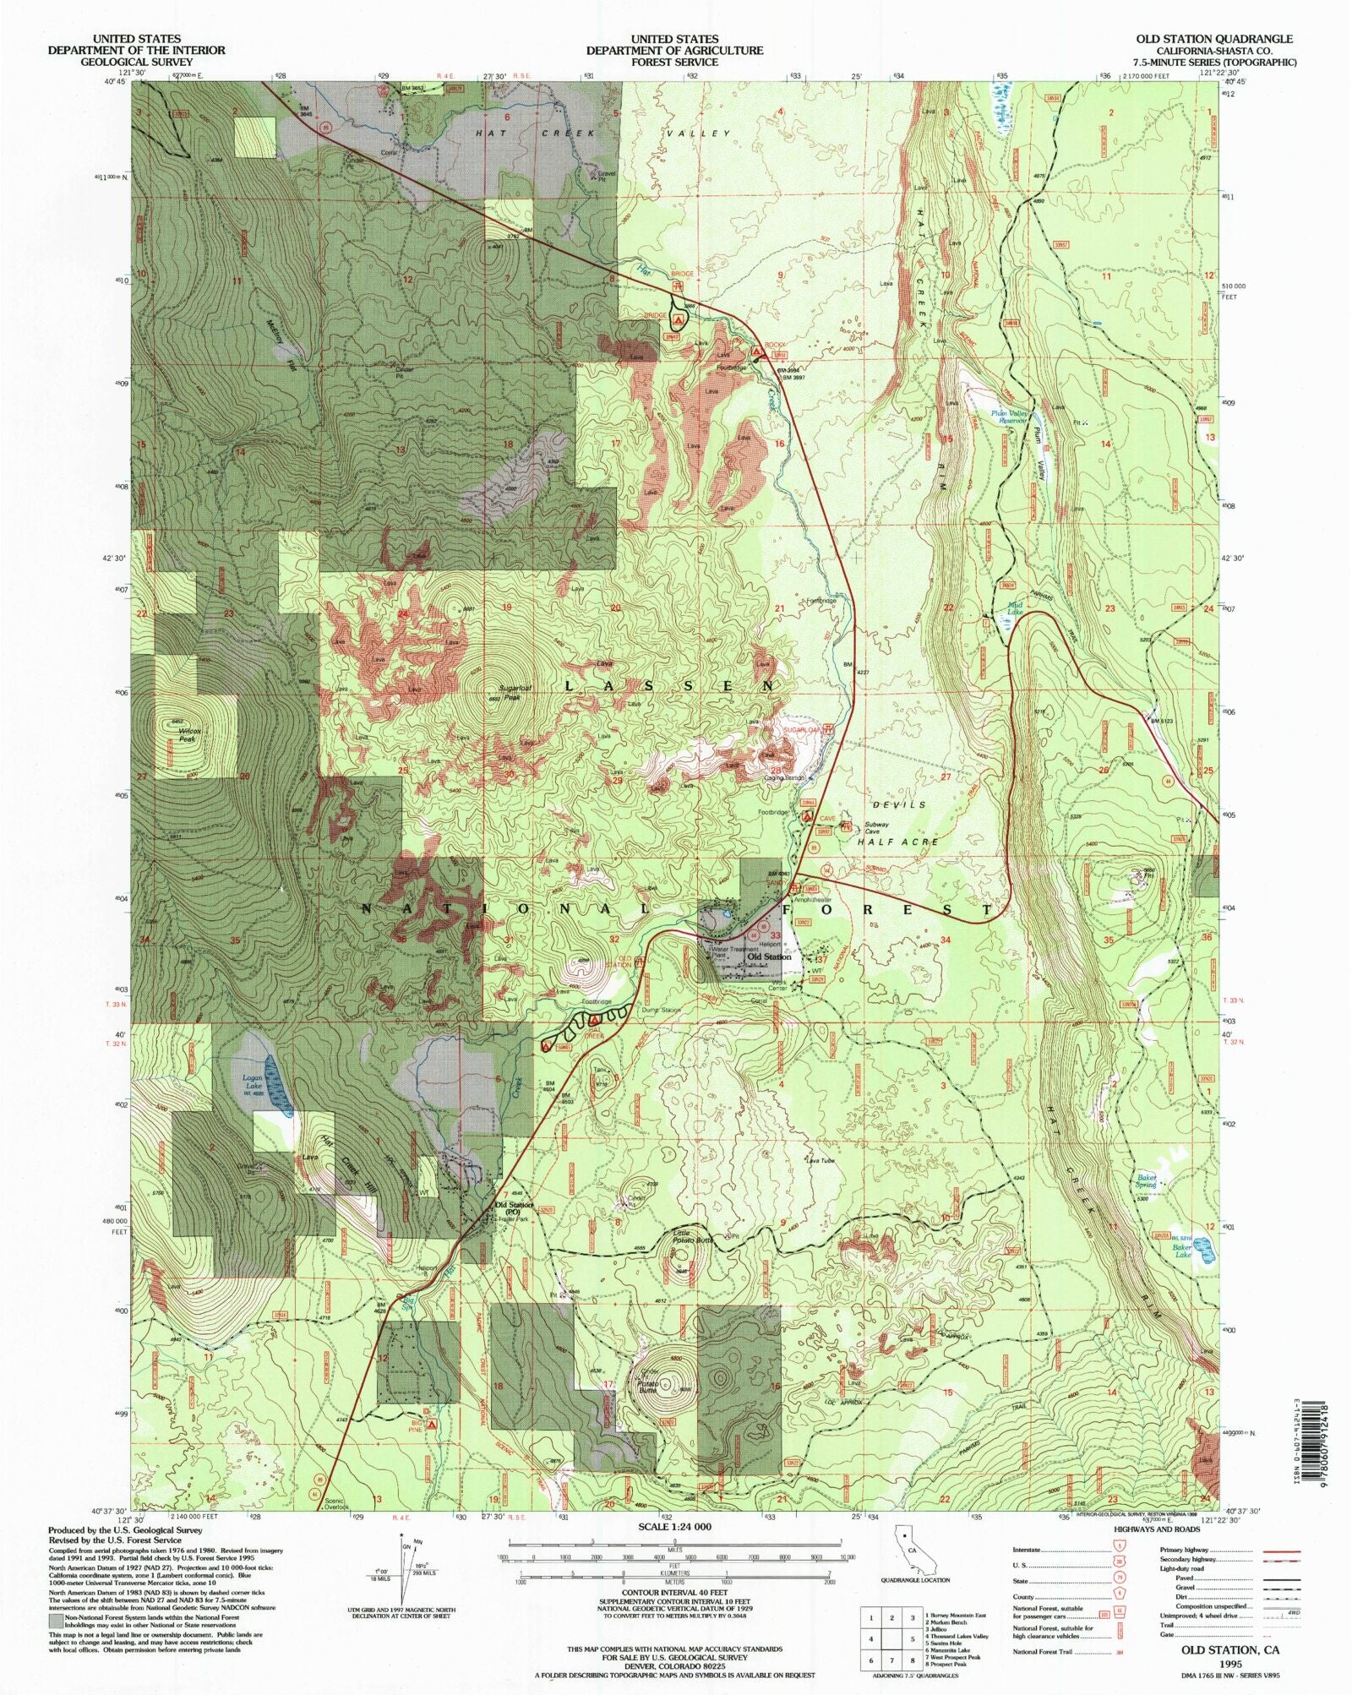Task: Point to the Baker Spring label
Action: (x=1146, y=1180)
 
